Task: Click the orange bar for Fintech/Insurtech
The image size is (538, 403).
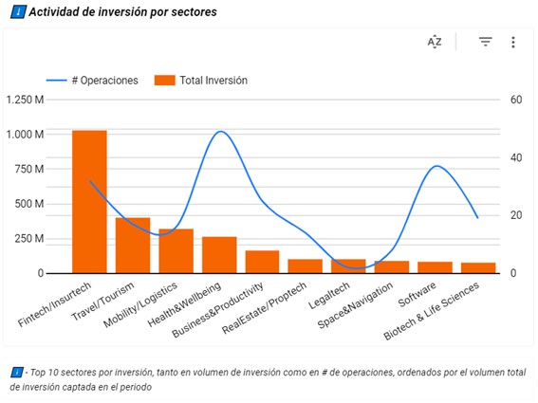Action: click(x=89, y=201)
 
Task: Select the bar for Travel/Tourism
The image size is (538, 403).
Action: click(x=133, y=245)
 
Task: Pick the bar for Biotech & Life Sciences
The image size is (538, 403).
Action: click(x=478, y=267)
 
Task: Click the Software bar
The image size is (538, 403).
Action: click(x=436, y=266)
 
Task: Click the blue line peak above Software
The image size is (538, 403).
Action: click(x=436, y=167)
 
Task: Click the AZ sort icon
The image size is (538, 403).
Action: click(x=435, y=42)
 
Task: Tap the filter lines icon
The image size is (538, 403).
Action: click(x=485, y=42)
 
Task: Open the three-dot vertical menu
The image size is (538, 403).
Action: click(x=513, y=42)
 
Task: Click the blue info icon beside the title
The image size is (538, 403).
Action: click(x=18, y=12)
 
